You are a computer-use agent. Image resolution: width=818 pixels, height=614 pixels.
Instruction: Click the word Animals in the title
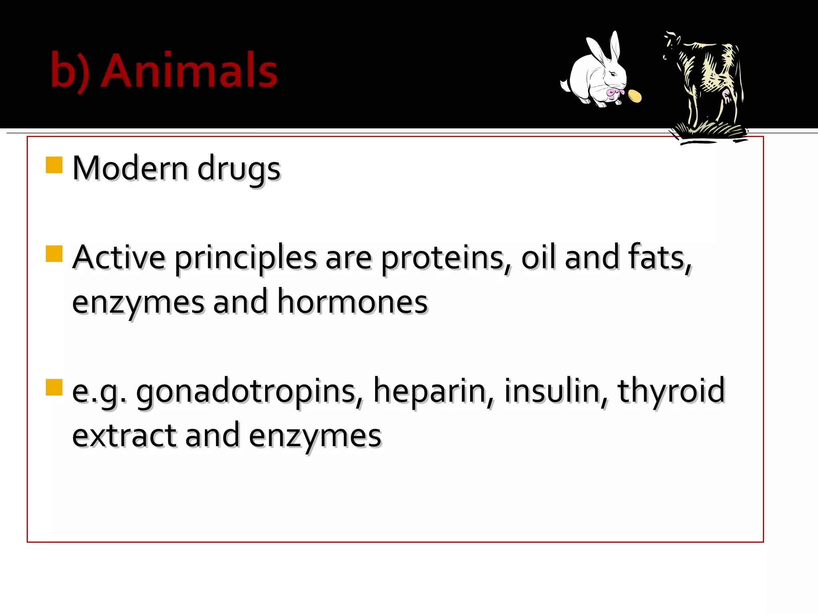click(x=189, y=71)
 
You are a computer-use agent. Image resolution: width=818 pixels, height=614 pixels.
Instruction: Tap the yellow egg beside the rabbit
click(x=634, y=96)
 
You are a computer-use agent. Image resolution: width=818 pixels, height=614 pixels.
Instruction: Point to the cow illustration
click(x=707, y=86)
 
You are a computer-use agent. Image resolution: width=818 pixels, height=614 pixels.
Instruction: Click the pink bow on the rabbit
click(x=613, y=94)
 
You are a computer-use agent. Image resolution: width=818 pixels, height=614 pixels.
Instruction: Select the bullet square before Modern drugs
click(x=54, y=165)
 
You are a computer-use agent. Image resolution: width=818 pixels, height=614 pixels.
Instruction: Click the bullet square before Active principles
click(x=54, y=253)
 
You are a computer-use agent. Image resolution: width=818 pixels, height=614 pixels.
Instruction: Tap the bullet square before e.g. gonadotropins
click(x=54, y=387)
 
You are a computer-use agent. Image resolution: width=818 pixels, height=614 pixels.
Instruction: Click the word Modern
click(x=130, y=168)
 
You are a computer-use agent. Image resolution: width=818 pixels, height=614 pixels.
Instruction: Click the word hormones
click(x=352, y=302)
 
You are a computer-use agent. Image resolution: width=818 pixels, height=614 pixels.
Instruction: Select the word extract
click(x=124, y=436)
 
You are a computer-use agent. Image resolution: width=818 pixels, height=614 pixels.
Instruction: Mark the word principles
click(x=245, y=258)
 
